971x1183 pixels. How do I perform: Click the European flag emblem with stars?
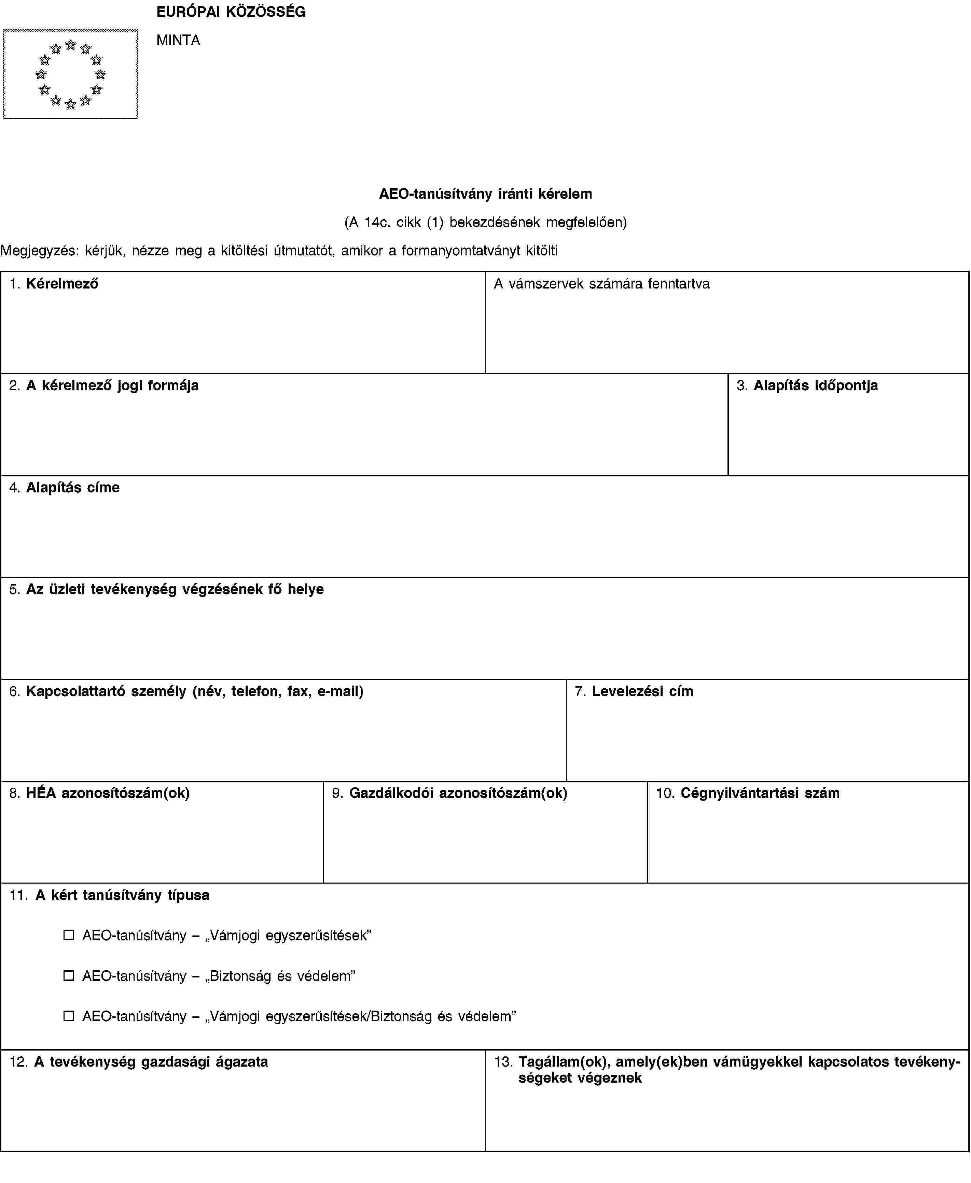point(70,74)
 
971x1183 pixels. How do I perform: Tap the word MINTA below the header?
point(178,40)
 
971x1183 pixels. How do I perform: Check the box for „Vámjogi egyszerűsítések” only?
point(68,935)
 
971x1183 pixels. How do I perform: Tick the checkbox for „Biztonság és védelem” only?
point(68,975)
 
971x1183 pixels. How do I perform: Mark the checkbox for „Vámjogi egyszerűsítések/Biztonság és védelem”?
point(68,1016)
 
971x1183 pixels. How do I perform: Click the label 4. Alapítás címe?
point(64,488)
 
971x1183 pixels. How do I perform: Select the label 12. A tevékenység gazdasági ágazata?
point(139,1062)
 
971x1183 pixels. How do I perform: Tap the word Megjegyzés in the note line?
point(39,251)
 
